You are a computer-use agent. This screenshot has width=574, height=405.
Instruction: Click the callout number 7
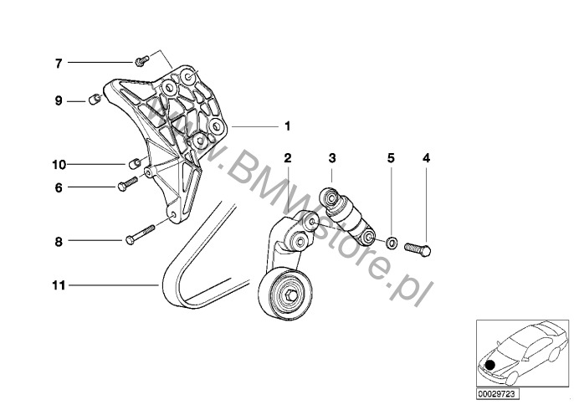(59, 64)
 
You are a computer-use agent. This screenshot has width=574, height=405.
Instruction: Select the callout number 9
(59, 100)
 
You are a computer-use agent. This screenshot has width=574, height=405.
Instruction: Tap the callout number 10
(59, 165)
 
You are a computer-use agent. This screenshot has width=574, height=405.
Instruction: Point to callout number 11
(59, 285)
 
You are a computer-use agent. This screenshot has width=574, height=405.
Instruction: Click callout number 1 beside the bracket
(288, 126)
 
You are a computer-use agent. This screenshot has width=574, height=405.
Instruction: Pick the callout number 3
(332, 158)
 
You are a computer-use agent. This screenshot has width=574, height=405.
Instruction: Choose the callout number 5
(391, 158)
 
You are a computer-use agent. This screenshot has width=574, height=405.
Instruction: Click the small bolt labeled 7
(141, 61)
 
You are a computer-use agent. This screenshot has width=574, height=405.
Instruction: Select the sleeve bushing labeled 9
(95, 99)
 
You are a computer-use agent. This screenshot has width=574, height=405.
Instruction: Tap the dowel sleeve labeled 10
(135, 163)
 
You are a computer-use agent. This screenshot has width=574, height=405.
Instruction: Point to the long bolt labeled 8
(141, 235)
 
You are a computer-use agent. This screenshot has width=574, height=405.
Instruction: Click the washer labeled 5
(392, 242)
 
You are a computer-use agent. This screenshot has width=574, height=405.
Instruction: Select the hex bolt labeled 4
(418, 249)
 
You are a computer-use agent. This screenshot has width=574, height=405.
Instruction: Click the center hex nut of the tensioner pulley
(290, 295)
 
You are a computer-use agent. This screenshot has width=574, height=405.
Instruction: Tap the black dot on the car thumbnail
(489, 365)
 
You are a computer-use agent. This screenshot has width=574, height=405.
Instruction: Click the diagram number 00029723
(498, 393)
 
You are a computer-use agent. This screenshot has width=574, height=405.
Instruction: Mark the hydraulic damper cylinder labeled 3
(347, 217)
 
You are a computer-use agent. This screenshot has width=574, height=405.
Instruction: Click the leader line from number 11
(114, 285)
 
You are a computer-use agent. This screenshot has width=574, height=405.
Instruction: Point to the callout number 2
(288, 158)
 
